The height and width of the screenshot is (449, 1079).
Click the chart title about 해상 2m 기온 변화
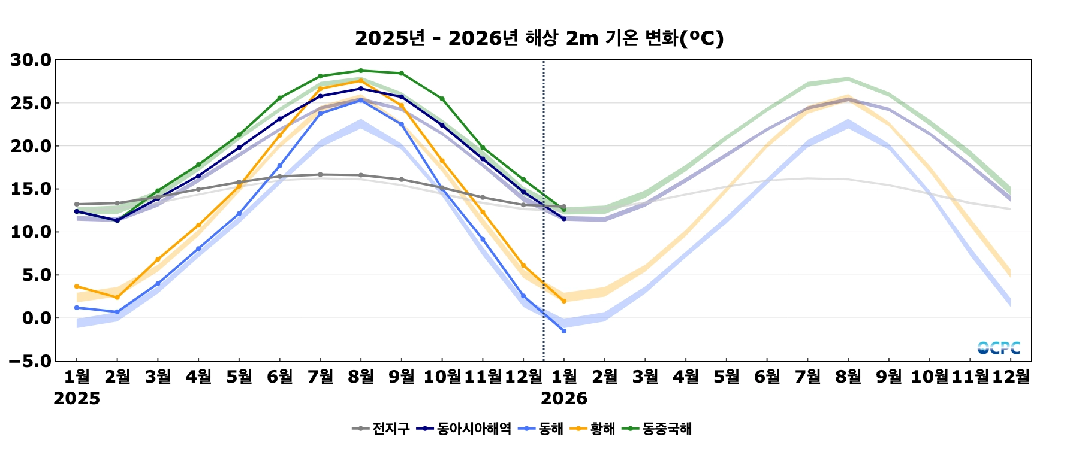click(x=539, y=38)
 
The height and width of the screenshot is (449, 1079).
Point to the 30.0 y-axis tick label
click(x=31, y=60)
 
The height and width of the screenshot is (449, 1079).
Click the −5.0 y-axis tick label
click(x=30, y=361)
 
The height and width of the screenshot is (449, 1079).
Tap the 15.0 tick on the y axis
click(x=31, y=189)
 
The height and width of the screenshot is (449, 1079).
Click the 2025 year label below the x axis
click(x=77, y=399)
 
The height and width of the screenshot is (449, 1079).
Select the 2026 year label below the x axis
click(x=564, y=399)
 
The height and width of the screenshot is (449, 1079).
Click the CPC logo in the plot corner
click(x=999, y=348)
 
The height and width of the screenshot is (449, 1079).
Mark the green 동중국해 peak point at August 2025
click(x=361, y=71)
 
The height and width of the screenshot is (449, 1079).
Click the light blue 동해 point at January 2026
click(x=563, y=331)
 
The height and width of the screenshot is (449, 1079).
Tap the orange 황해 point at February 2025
click(x=117, y=298)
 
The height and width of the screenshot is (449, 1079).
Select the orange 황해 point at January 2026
click(x=563, y=301)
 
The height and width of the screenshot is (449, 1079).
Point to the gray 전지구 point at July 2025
click(x=320, y=175)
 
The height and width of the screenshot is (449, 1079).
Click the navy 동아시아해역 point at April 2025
click(x=198, y=176)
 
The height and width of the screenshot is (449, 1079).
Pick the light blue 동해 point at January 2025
click(x=77, y=308)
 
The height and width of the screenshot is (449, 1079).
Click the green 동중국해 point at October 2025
click(x=442, y=99)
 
